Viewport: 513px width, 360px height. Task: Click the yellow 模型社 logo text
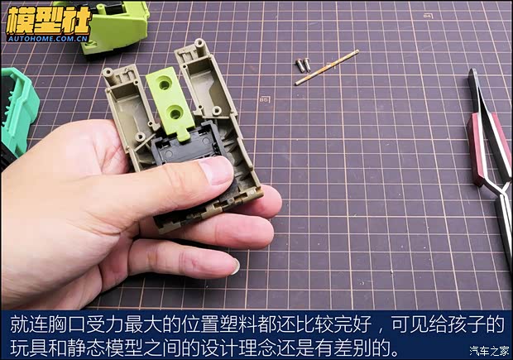[x=49, y=21]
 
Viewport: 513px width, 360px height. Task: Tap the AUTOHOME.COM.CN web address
[x=48, y=39]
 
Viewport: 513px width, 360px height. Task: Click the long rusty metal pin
[x=327, y=67]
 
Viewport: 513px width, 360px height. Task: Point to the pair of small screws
[x=304, y=65]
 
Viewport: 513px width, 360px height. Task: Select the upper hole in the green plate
[x=164, y=85]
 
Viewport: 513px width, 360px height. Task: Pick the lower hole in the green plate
[x=175, y=113]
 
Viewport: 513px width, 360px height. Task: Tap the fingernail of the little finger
[x=236, y=266]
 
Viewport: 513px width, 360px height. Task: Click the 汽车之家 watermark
[x=489, y=351]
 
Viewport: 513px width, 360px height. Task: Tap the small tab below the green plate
[x=184, y=134]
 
